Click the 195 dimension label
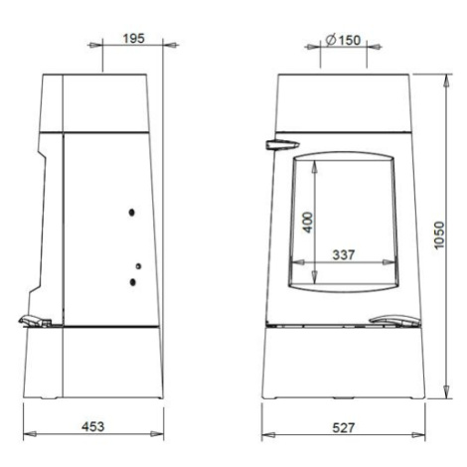[134, 39]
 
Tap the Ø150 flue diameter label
[343, 40]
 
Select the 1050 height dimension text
[438, 235]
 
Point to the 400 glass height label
[308, 223]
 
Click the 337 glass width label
[344, 254]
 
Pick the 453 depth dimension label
[93, 426]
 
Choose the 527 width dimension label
[344, 427]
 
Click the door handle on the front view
[282, 145]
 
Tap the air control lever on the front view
[394, 320]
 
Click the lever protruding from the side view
[35, 321]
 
